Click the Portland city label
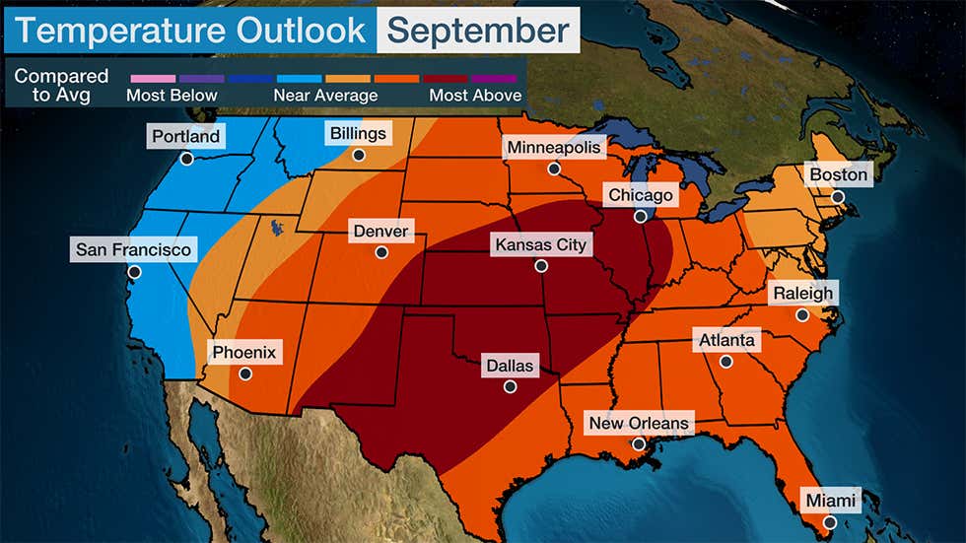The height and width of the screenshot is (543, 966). pyautogui.click(x=185, y=136)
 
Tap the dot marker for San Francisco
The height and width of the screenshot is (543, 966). pyautogui.click(x=134, y=272)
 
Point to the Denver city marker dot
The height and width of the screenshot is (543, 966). pyautogui.click(x=381, y=252)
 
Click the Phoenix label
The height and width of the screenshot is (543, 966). pyautogui.click(x=244, y=351)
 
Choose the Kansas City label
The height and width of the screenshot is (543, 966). pyautogui.click(x=540, y=243)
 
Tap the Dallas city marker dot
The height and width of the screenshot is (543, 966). pyautogui.click(x=510, y=387)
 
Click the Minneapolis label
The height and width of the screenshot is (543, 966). pyautogui.click(x=553, y=147)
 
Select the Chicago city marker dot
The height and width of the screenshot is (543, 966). pyautogui.click(x=640, y=217)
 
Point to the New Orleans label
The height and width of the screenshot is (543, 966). pyautogui.click(x=639, y=424)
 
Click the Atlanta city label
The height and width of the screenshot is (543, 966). pyautogui.click(x=726, y=341)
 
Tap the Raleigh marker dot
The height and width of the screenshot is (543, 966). pyautogui.click(x=802, y=315)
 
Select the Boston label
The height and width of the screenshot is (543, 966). pyautogui.click(x=838, y=174)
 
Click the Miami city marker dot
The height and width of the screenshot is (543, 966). pyautogui.click(x=829, y=522)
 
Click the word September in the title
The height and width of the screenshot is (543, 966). pyautogui.click(x=478, y=30)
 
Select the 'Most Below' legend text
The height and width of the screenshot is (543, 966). pyautogui.click(x=172, y=96)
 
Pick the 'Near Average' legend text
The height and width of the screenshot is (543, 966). pyautogui.click(x=324, y=96)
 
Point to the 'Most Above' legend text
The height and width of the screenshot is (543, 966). pyautogui.click(x=475, y=96)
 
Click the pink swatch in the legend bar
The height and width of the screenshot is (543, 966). pyautogui.click(x=150, y=76)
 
